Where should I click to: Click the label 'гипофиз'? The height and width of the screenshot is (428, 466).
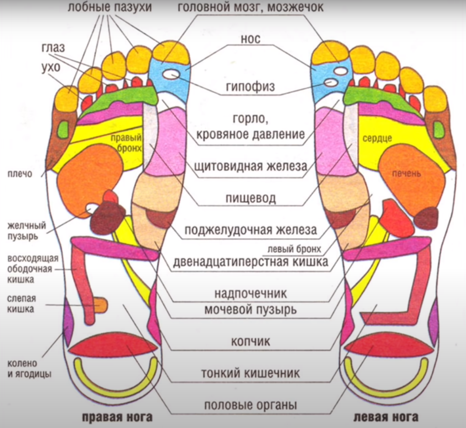coord(250,86)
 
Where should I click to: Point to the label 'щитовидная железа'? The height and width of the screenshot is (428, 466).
coord(251,166)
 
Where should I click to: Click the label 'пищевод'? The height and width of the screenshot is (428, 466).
coord(251,198)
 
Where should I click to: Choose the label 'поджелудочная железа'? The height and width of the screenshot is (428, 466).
coord(251,230)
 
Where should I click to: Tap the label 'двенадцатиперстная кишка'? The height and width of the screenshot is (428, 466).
coord(251,262)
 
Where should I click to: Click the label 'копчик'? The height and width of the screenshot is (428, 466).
coord(251,341)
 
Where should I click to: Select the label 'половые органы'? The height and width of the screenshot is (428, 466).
coord(251,405)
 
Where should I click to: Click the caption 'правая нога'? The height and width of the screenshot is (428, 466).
coord(117,417)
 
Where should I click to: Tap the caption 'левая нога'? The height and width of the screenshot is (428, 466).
coord(386,417)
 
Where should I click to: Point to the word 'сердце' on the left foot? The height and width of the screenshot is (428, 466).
coord(377,138)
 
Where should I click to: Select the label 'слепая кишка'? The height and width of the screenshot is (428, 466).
coord(22,303)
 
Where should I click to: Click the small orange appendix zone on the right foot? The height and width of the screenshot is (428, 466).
coord(100,304)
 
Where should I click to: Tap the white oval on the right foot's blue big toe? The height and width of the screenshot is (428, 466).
coord(170,75)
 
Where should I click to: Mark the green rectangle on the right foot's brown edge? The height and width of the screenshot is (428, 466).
coord(63,129)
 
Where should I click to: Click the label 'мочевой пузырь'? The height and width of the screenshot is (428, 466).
coord(251,310)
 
